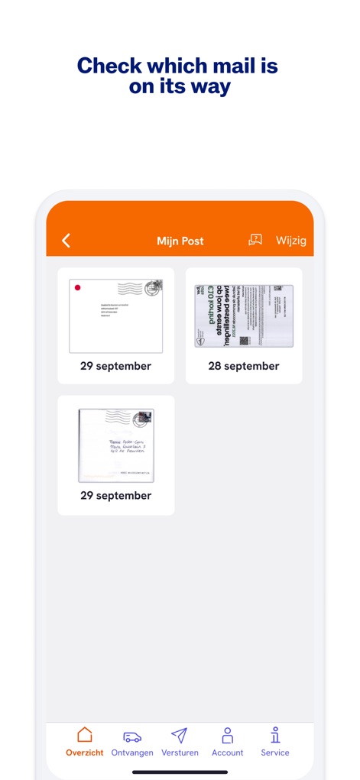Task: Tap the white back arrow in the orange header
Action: [66, 241]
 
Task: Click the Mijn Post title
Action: [180, 241]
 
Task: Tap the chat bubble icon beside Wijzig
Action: [255, 240]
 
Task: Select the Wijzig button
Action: [291, 241]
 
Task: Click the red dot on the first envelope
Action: [77, 288]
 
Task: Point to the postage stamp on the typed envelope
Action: [154, 287]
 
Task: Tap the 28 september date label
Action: [244, 366]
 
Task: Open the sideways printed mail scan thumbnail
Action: [244, 316]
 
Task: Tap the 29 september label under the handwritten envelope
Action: [116, 496]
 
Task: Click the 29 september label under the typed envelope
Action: [116, 366]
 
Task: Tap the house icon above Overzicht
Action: [85, 735]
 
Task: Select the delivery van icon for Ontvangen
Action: [132, 736]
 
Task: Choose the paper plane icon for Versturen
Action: [180, 736]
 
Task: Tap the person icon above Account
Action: [228, 736]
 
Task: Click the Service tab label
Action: [275, 752]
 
